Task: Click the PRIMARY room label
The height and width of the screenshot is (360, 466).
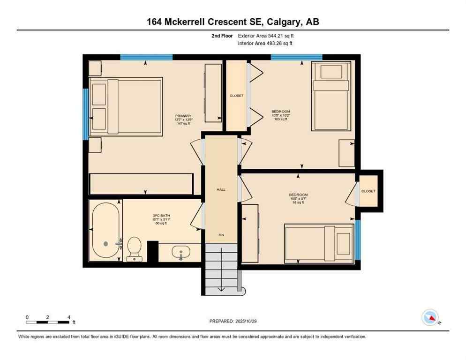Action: (x=183, y=116)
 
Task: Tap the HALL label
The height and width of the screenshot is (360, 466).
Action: (x=221, y=189)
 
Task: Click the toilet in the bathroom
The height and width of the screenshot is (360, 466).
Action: (x=135, y=247)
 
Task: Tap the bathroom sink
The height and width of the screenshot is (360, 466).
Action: (x=181, y=253)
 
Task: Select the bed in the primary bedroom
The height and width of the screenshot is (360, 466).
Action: (x=126, y=106)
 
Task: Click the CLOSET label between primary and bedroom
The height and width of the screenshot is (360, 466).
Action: (x=236, y=96)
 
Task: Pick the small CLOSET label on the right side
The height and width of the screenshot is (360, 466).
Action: (x=368, y=191)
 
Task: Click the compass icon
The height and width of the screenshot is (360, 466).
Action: (x=431, y=318)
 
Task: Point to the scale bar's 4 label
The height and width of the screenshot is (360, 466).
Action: (x=69, y=317)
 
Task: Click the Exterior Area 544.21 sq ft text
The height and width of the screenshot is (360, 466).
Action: (x=266, y=36)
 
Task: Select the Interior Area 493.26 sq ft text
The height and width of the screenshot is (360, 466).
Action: (x=266, y=44)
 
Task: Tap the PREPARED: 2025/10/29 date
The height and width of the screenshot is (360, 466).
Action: (x=233, y=321)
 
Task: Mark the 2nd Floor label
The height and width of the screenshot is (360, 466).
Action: (x=223, y=36)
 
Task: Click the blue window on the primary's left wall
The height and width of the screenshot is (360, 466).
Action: (x=86, y=114)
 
